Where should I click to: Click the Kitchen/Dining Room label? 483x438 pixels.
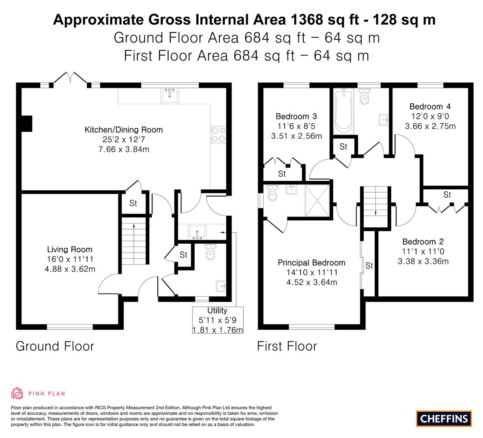[x=124, y=130]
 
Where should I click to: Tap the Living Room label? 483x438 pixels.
[x=70, y=249]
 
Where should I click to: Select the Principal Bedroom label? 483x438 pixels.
[x=311, y=263]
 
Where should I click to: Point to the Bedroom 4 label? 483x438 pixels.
[x=430, y=107]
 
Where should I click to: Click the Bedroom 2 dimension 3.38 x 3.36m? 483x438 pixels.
[x=423, y=262]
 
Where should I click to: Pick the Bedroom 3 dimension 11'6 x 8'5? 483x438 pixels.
[x=296, y=126]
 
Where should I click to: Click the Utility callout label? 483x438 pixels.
[x=217, y=311]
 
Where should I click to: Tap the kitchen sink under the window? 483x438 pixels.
[x=169, y=95]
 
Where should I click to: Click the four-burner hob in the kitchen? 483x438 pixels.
[x=219, y=135]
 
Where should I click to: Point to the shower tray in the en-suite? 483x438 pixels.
[x=317, y=201]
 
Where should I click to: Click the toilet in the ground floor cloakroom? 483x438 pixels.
[x=210, y=252]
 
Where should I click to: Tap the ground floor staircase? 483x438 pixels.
[x=134, y=240]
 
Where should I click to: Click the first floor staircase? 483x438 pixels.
[x=376, y=206]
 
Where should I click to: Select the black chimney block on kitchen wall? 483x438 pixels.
[x=26, y=124]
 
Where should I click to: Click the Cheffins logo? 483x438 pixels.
[x=444, y=419]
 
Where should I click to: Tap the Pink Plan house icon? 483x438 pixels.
[x=17, y=393]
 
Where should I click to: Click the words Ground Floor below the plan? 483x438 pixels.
[x=55, y=346]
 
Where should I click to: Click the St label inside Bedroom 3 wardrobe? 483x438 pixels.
[x=282, y=174]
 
